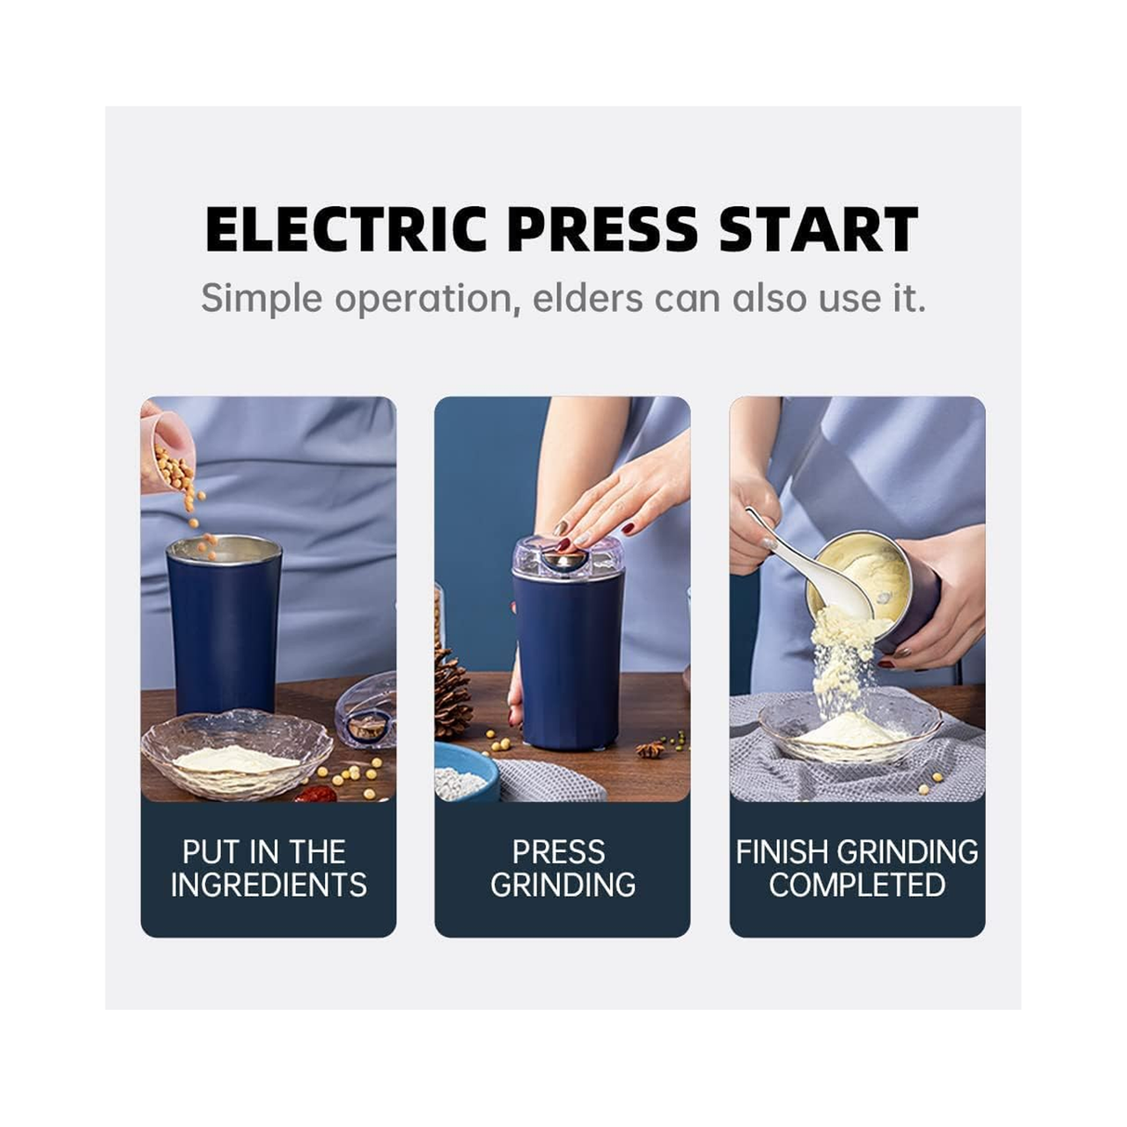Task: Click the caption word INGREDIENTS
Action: point(269,885)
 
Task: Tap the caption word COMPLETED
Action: point(858,885)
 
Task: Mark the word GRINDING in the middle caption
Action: point(563,885)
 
